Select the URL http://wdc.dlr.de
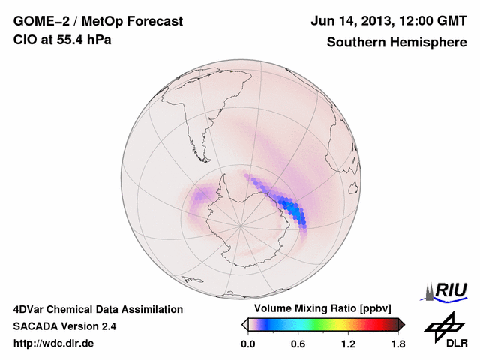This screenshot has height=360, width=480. pyautogui.click(x=54, y=343)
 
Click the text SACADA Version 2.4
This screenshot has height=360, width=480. pyautogui.click(x=64, y=326)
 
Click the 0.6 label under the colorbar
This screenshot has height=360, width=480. pyautogui.click(x=298, y=343)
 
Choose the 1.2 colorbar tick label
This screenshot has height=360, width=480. pyautogui.click(x=348, y=343)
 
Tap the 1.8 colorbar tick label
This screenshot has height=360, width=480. pyautogui.click(x=397, y=343)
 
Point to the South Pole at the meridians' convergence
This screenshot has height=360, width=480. pyautogui.click(x=240, y=224)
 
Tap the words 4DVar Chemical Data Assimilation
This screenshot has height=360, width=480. pyautogui.click(x=97, y=309)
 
